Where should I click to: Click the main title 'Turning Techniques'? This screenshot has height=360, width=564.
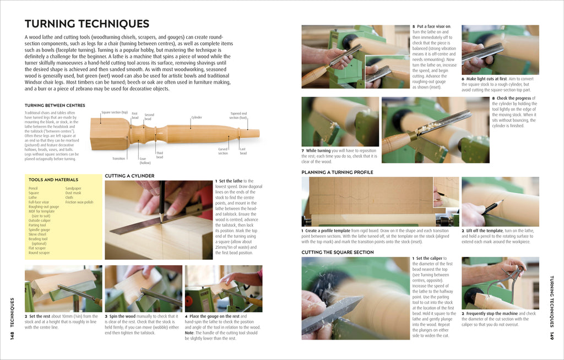tap(87, 24)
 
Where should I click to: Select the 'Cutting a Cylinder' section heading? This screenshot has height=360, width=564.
tap(129, 176)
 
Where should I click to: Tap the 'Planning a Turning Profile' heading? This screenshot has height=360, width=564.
tap(337, 172)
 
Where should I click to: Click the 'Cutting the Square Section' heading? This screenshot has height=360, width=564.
tap(337, 252)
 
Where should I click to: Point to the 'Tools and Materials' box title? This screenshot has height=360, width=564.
tap(53, 179)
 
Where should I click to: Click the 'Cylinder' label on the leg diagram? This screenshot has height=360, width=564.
tap(197, 117)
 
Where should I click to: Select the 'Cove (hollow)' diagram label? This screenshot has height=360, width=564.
tap(145, 160)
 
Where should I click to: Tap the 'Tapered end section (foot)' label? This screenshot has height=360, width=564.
tap(238, 116)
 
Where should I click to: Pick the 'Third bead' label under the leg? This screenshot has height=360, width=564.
tap(159, 155)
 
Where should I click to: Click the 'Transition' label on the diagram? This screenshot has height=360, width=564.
tap(119, 159)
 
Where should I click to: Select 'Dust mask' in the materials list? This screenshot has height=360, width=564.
tap(73, 193)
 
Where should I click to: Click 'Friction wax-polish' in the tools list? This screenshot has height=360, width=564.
tap(79, 202)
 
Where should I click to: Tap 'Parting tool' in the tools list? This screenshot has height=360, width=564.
tap(37, 225)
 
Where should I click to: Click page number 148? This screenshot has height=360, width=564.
tap(12, 330)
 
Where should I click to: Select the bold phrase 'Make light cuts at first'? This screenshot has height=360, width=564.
tap(484, 78)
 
